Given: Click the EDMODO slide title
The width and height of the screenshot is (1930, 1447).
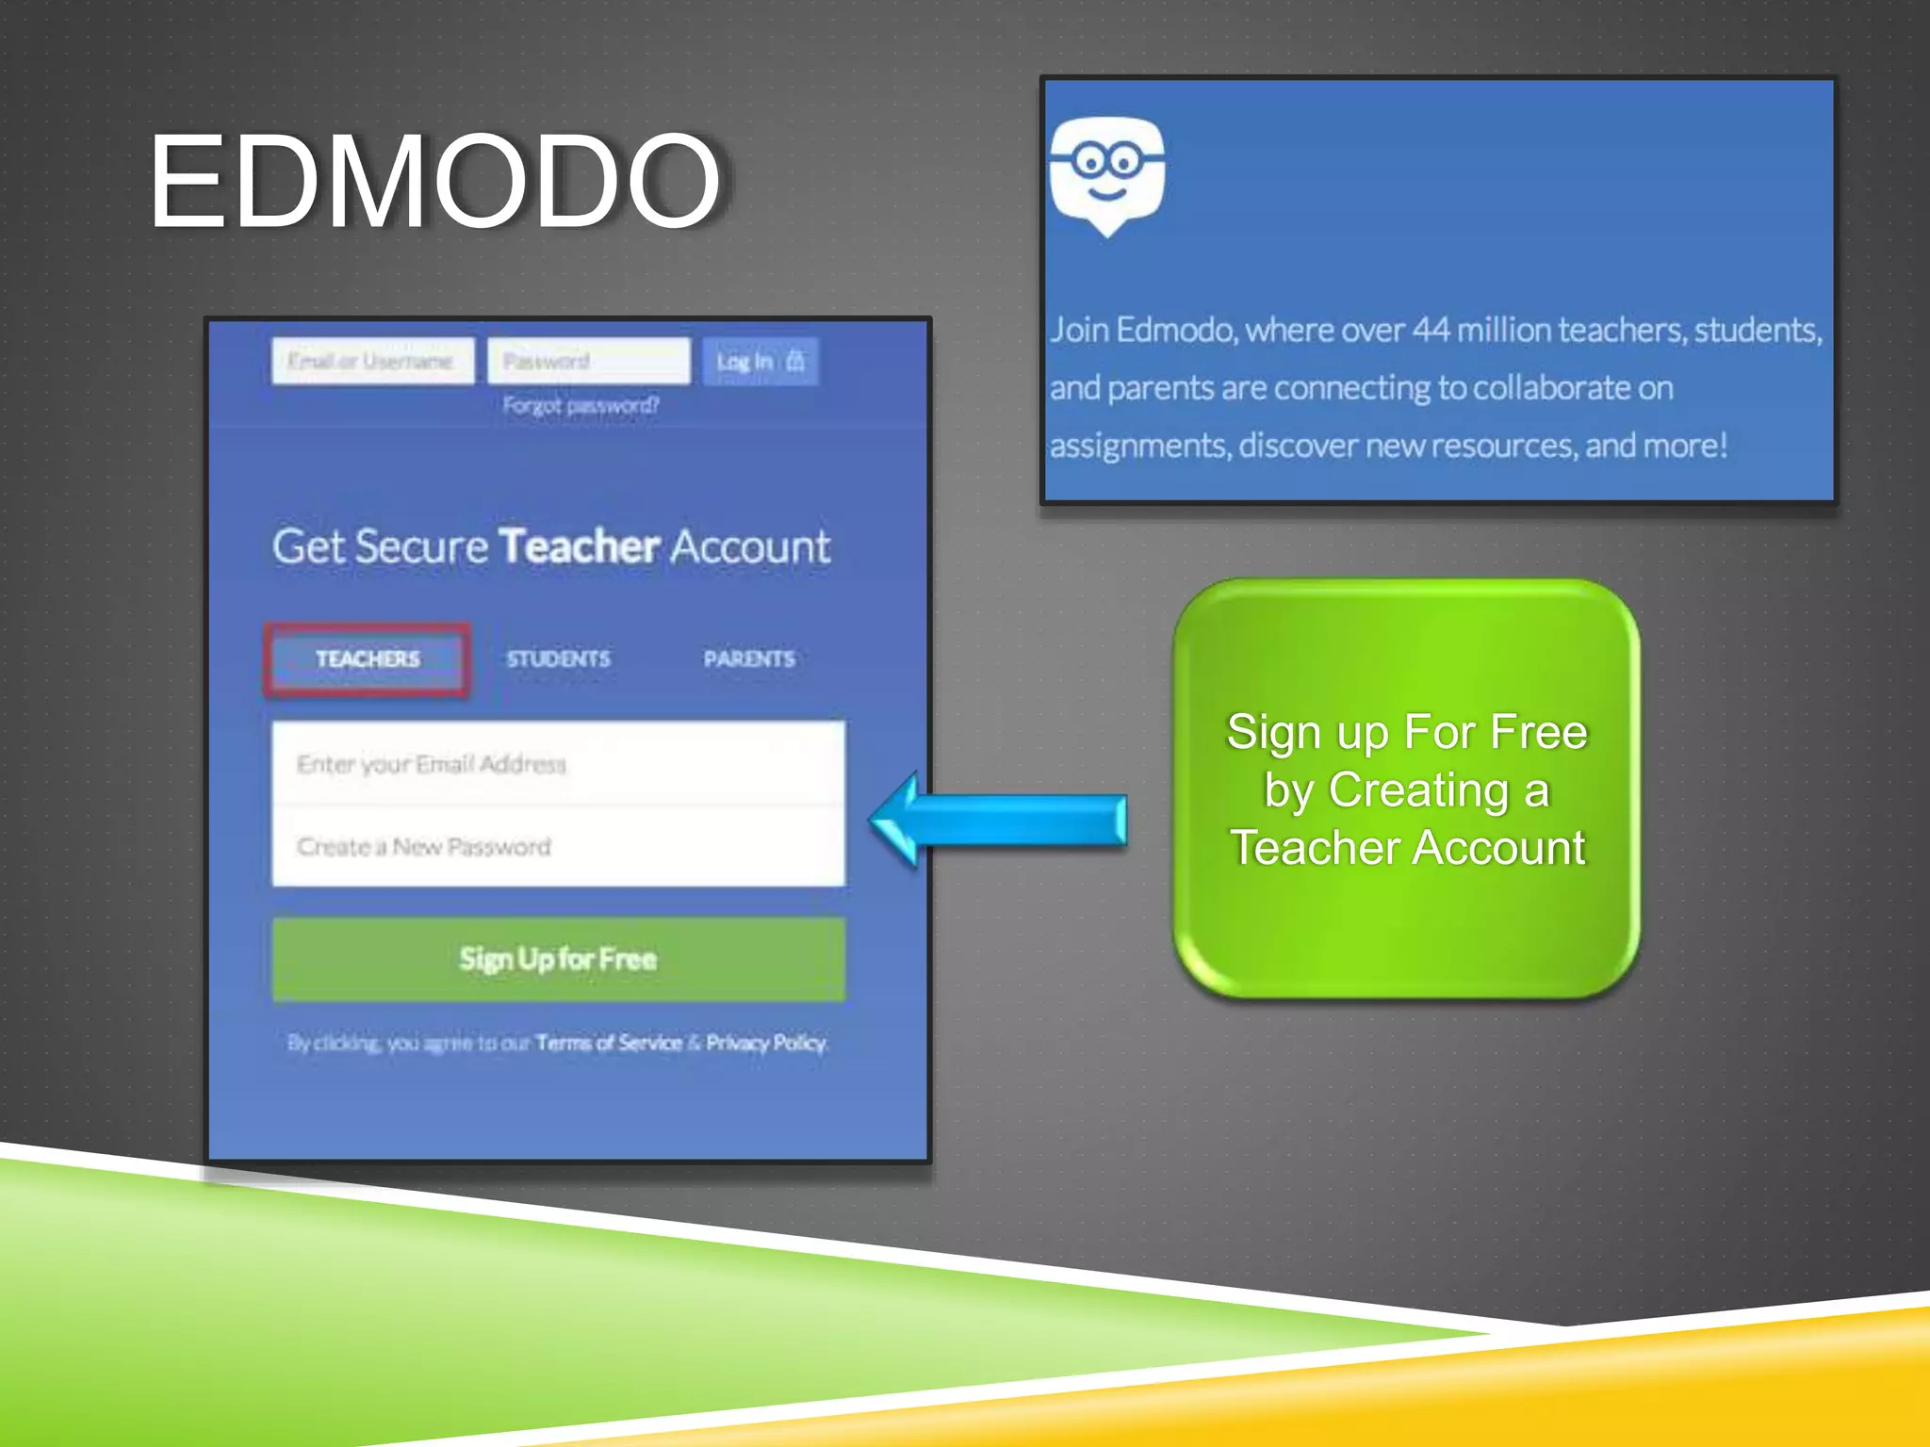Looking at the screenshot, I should click(434, 181).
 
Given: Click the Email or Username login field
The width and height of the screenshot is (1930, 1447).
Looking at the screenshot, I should click(372, 361).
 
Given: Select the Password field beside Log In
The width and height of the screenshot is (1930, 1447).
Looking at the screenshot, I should click(588, 361).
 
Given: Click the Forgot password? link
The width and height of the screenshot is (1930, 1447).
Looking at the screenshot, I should click(581, 405).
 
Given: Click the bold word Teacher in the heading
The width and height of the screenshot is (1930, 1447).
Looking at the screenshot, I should click(579, 546).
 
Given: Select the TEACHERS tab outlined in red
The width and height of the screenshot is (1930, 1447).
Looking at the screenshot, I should click(368, 658).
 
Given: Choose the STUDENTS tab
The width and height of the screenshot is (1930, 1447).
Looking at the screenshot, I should click(558, 658).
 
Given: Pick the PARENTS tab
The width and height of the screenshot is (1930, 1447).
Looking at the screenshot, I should click(749, 658).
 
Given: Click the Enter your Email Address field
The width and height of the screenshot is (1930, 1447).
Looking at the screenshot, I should click(558, 764).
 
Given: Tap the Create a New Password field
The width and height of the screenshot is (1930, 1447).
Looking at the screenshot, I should click(558, 846).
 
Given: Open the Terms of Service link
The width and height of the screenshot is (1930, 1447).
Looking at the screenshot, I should click(608, 1043).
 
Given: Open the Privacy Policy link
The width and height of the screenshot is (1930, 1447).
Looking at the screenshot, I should click(766, 1043).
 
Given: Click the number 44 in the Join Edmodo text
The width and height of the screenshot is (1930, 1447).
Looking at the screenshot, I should click(1431, 330).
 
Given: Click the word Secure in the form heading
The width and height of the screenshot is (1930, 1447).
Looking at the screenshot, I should click(421, 546).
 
